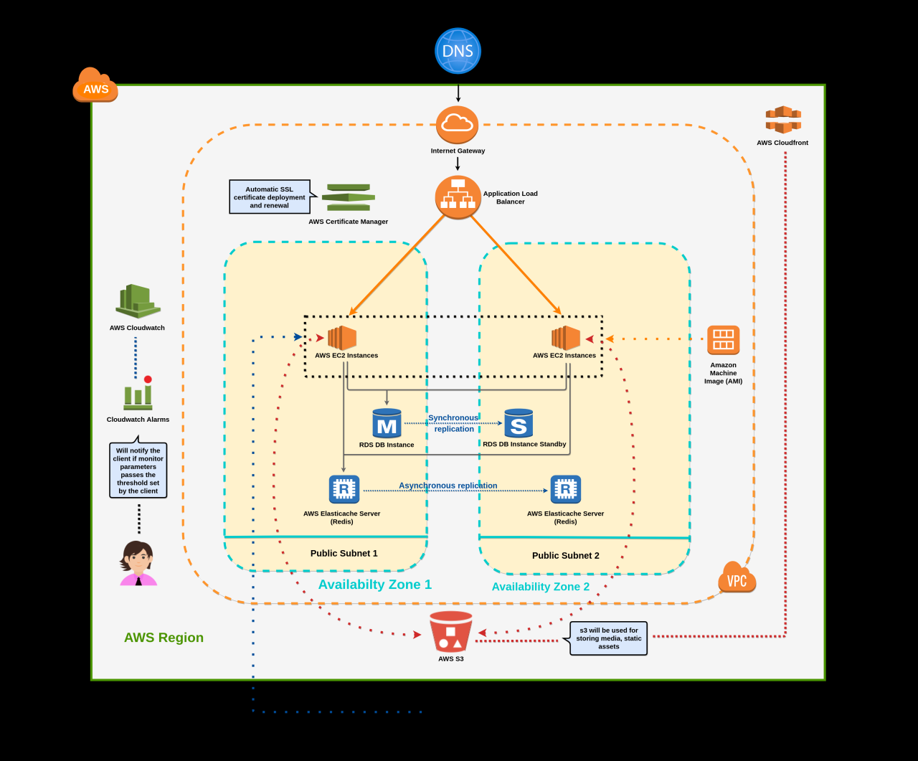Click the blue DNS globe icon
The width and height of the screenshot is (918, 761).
click(458, 51)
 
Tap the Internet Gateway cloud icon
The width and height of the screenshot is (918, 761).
click(457, 124)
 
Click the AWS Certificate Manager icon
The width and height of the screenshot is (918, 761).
click(349, 197)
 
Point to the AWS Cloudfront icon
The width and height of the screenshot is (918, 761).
click(783, 120)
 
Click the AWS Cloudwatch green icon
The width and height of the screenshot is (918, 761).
click(138, 301)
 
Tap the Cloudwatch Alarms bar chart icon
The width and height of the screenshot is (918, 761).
click(138, 394)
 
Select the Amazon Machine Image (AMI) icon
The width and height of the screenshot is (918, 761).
click(723, 340)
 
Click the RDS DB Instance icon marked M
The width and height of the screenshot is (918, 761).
click(387, 423)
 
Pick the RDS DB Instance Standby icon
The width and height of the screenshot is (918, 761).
click(519, 423)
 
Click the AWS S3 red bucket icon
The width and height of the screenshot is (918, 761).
click(451, 631)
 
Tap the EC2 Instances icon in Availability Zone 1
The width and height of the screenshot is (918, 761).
click(342, 338)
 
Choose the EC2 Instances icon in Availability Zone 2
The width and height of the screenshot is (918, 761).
click(566, 338)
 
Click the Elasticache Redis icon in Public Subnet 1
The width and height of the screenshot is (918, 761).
click(344, 489)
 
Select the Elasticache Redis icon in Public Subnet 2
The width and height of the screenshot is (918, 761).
click(565, 489)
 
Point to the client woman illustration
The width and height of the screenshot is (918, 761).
click(138, 563)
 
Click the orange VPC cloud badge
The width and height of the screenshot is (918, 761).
click(737, 578)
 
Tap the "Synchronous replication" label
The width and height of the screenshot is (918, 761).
click(453, 423)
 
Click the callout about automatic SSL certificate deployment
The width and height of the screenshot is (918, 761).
click(270, 197)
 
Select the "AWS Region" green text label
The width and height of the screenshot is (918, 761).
click(164, 638)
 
